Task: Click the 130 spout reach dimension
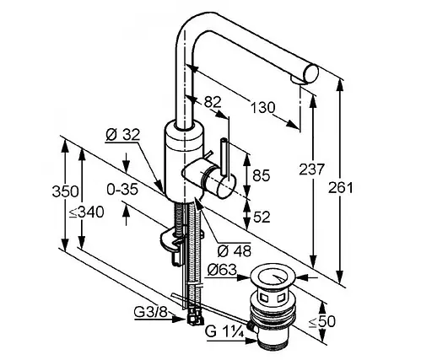pos(262,108)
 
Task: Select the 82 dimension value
pos(213,102)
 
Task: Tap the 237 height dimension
pos(311,169)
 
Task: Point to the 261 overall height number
pos(341,187)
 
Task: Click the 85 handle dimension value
pos(261,175)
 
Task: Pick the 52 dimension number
pos(262,217)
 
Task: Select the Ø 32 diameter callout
pos(122,135)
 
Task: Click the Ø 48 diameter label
pos(235,251)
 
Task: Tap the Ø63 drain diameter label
pos(222,271)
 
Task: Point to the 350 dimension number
pos(65,192)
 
